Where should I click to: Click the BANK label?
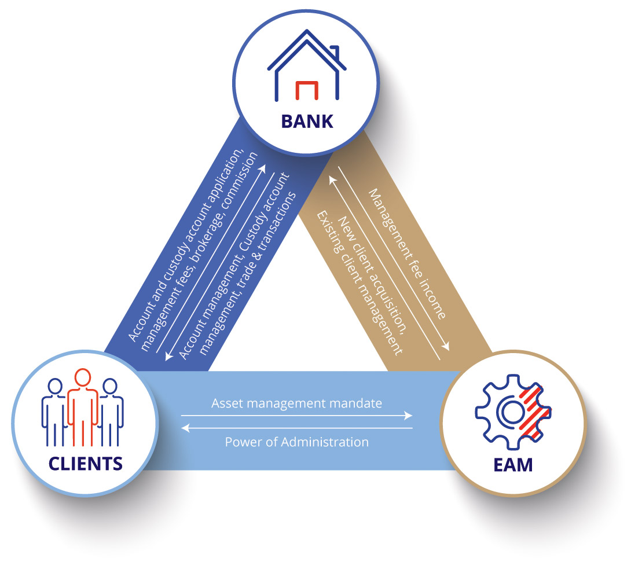click(307, 121)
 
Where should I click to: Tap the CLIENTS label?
click(85, 462)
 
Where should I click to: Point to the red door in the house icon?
click(306, 90)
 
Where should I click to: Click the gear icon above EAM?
click(512, 413)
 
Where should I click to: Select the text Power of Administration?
click(296, 442)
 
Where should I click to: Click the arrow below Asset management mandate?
click(296, 416)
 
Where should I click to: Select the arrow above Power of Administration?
click(296, 428)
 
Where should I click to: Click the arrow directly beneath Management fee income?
click(394, 260)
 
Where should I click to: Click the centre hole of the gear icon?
click(509, 412)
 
